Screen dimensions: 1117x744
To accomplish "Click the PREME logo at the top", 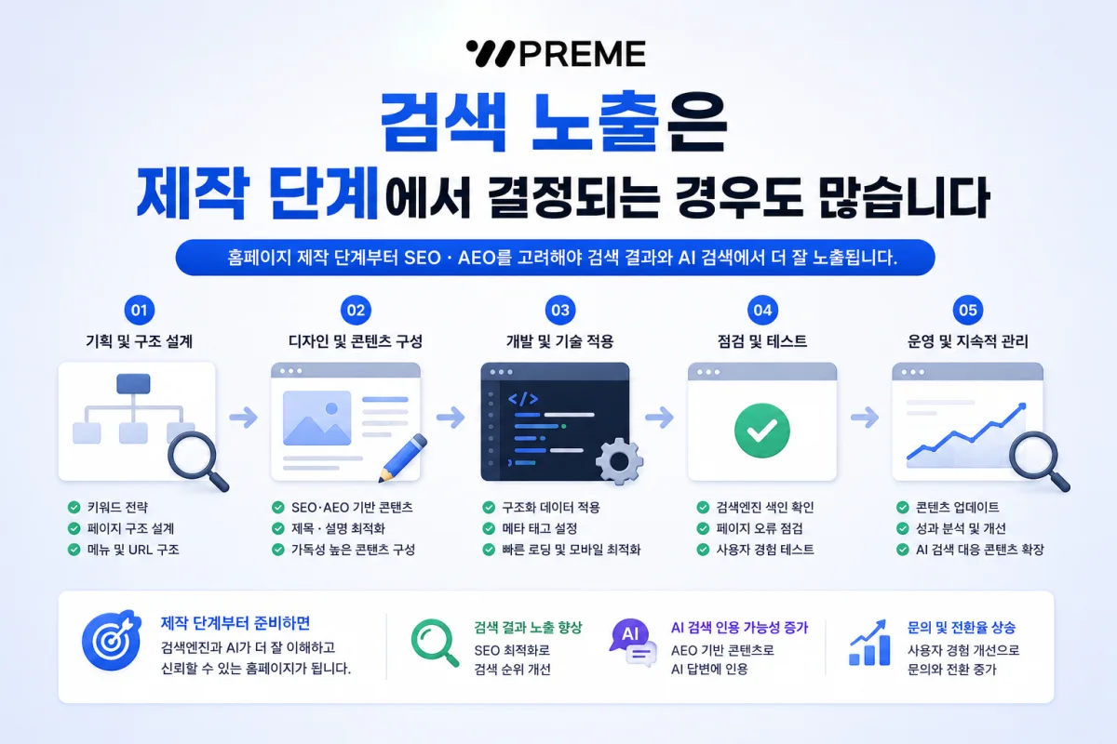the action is (x=556, y=53).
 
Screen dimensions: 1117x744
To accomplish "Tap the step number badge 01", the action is (x=139, y=310).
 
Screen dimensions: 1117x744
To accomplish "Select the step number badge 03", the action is (x=560, y=310).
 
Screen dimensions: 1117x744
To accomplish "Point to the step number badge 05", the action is (x=967, y=310).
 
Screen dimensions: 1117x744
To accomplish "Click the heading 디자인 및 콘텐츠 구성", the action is (x=356, y=341).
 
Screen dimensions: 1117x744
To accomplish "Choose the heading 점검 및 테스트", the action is (x=762, y=341).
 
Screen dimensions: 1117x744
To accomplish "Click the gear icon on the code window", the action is (x=619, y=461).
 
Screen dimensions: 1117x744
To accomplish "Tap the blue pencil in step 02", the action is (x=402, y=458).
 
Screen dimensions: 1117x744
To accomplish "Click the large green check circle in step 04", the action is (x=762, y=431).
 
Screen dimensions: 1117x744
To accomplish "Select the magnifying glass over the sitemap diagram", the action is (x=197, y=460).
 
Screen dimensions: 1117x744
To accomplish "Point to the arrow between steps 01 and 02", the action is (x=243, y=418).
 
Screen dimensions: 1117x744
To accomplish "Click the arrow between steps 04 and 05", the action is (x=865, y=418).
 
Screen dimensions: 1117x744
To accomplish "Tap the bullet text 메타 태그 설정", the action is (x=540, y=528).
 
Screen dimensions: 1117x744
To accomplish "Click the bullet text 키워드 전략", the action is (x=117, y=507).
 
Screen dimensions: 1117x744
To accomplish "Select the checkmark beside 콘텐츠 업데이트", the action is (x=903, y=507).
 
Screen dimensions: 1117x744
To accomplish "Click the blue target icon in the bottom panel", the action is (x=111, y=641).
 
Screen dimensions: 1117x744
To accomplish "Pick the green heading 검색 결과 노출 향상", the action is (x=528, y=628).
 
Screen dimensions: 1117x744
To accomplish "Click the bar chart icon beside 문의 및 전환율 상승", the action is (x=869, y=643).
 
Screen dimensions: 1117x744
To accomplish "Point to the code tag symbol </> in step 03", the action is (x=523, y=399).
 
